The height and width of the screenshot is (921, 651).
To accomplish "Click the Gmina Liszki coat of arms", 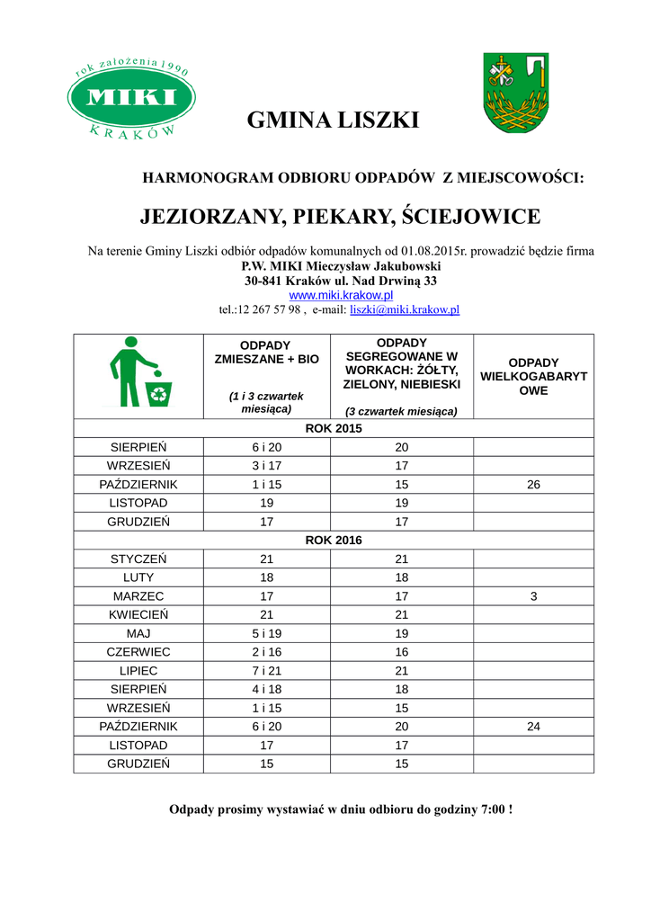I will [515, 94].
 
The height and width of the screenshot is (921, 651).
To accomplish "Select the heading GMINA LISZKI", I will [333, 121].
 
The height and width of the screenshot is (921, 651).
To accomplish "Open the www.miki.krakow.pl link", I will [341, 295].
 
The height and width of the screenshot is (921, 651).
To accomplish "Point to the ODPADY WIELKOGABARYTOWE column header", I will [533, 376].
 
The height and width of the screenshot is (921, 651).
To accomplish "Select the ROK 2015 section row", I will [334, 428].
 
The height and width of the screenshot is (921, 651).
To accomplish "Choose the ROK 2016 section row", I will [334, 540].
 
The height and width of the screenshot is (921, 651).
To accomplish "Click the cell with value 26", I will [533, 484].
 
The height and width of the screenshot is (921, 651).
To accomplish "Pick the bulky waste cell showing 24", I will [533, 726].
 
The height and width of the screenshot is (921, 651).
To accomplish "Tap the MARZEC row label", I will [138, 595].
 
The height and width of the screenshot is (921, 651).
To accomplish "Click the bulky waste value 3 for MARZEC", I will [533, 595].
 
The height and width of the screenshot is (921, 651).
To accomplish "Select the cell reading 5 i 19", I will [266, 633].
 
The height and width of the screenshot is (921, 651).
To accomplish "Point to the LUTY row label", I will [138, 577].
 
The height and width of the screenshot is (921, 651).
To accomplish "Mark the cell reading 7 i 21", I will [266, 671].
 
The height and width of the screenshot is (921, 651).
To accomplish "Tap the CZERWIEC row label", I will [138, 651].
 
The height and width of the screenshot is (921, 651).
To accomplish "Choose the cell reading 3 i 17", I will [266, 466].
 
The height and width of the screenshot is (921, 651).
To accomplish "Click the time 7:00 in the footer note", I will [489, 809].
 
